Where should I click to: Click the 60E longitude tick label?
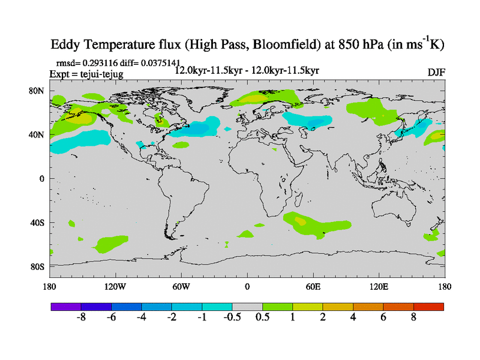(x=313, y=286)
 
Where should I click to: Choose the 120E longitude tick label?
(x=379, y=286)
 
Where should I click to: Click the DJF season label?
(x=436, y=73)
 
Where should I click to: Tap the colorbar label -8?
(x=82, y=317)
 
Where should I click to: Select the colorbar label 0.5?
(x=262, y=317)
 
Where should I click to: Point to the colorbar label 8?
(x=413, y=317)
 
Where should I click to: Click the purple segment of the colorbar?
(x=66, y=307)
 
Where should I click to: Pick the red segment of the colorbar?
(x=428, y=307)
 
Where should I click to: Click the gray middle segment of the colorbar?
(x=247, y=307)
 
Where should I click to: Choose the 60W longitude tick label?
(x=181, y=286)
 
